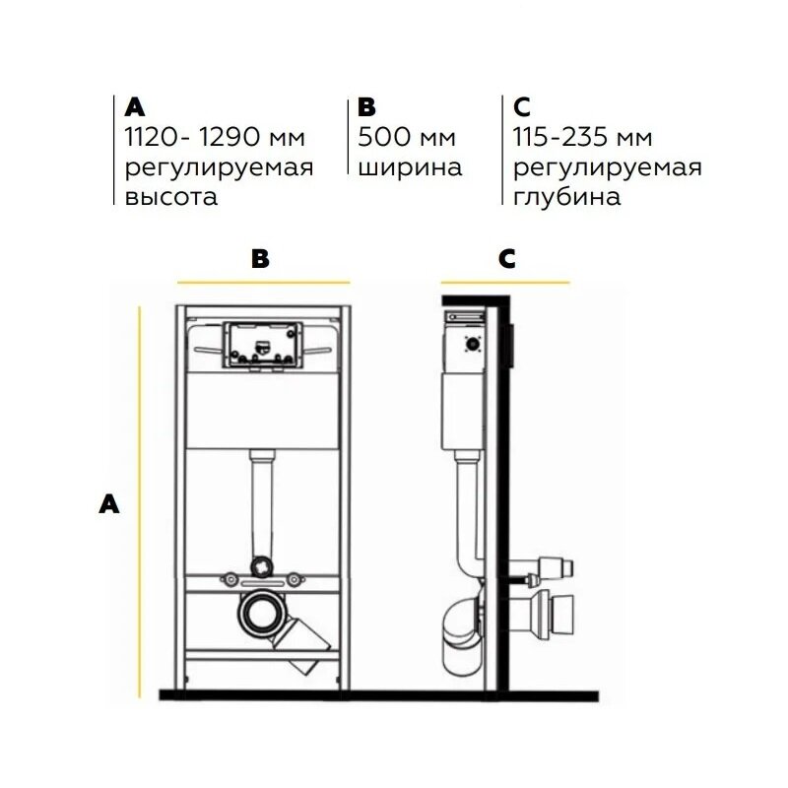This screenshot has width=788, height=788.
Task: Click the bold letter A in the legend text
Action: click(x=135, y=107)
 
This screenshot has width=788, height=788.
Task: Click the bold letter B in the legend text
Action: click(x=366, y=107)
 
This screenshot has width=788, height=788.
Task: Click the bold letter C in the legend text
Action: click(x=522, y=107)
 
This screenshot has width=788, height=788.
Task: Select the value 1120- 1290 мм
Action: click(x=215, y=137)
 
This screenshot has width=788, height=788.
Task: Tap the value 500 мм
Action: click(x=407, y=137)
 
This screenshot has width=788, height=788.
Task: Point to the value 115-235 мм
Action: click(x=582, y=137)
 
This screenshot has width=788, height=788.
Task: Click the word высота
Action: click(x=170, y=197)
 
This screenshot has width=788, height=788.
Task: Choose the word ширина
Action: click(x=410, y=168)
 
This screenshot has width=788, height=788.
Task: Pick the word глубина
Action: click(x=567, y=196)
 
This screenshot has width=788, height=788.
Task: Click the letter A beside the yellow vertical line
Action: click(x=109, y=504)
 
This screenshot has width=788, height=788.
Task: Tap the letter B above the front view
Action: click(x=260, y=259)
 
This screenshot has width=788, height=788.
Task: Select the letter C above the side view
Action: click(x=506, y=259)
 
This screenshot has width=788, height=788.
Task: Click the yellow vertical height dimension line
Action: click(x=140, y=502)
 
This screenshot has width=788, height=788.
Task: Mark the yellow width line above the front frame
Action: click(x=263, y=283)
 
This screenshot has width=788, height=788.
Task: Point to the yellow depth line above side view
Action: click(x=505, y=283)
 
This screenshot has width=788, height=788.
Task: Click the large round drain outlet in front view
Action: click(x=260, y=613)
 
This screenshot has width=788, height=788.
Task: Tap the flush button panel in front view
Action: click(x=262, y=346)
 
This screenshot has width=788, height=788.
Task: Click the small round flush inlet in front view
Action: click(x=262, y=565)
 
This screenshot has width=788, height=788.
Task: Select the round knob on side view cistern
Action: click(x=473, y=344)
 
